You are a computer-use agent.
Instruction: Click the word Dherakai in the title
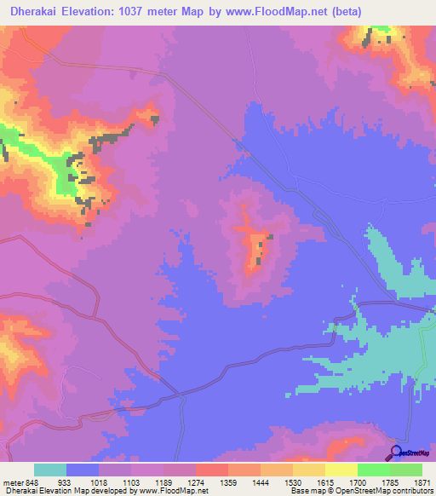(x=32, y=12)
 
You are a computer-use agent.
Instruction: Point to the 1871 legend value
(x=422, y=482)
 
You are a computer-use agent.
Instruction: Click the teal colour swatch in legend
(x=50, y=470)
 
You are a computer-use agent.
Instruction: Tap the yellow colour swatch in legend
(x=341, y=470)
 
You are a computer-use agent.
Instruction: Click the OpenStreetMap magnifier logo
(x=396, y=453)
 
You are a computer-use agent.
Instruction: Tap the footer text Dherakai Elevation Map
(x=43, y=491)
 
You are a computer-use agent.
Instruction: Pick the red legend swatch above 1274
(x=212, y=470)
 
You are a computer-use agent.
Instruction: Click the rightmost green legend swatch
(x=406, y=470)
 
